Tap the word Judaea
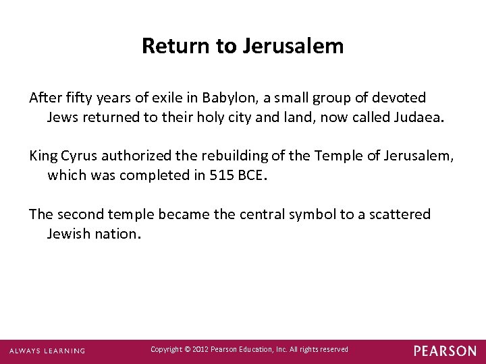[x=418, y=118]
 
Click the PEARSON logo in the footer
[x=444, y=351]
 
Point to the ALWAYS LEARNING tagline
[x=47, y=351]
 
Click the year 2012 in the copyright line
[x=202, y=349]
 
